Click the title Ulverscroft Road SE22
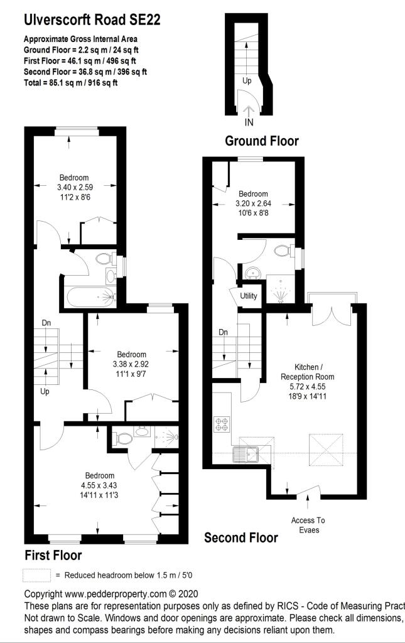pyautogui.click(x=92, y=19)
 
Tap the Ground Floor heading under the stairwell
pyautogui.click(x=262, y=141)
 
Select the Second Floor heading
pyautogui.click(x=241, y=538)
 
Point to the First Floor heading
pyautogui.click(x=53, y=555)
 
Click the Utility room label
pyautogui.click(x=249, y=296)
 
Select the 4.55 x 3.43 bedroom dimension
pyautogui.click(x=100, y=485)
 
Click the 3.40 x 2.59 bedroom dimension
pyautogui.click(x=75, y=187)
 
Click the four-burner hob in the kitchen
pyautogui.click(x=222, y=424)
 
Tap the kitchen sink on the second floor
pyautogui.click(x=245, y=455)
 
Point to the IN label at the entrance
pyautogui.click(x=249, y=122)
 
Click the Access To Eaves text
pyautogui.click(x=308, y=525)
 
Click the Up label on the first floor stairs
pyautogui.click(x=45, y=391)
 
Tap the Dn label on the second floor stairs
pyautogui.click(x=223, y=332)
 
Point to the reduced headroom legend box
pyautogui.click(x=37, y=575)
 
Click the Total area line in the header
pyautogui.click(x=70, y=82)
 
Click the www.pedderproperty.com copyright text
pyautogui.click(x=111, y=594)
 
